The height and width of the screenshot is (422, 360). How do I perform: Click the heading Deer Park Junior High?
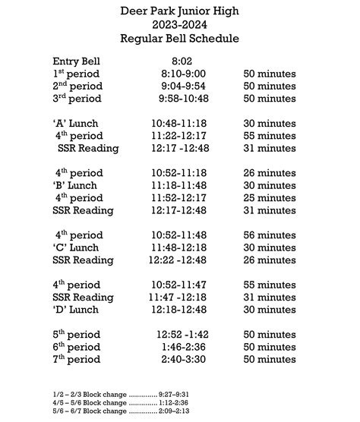pyautogui.click(x=179, y=11)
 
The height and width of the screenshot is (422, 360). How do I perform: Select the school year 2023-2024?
pyautogui.click(x=179, y=24)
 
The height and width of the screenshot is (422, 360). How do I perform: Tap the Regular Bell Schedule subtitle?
pyautogui.click(x=179, y=38)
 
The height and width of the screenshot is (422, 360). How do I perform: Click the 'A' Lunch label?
pyautogui.click(x=76, y=123)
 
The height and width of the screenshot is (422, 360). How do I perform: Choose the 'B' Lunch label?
pyautogui.click(x=77, y=185)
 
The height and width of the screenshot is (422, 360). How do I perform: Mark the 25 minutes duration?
pyautogui.click(x=270, y=198)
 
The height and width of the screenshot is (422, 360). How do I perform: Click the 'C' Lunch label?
pyautogui.click(x=77, y=247)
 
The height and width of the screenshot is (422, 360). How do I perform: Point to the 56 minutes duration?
pyautogui.click(x=270, y=235)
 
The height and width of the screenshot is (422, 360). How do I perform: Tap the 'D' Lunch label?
pyautogui.click(x=77, y=310)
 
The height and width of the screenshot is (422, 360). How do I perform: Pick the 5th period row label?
pyautogui.click(x=77, y=334)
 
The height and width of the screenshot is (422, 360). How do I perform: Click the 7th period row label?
pyautogui.click(x=77, y=359)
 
